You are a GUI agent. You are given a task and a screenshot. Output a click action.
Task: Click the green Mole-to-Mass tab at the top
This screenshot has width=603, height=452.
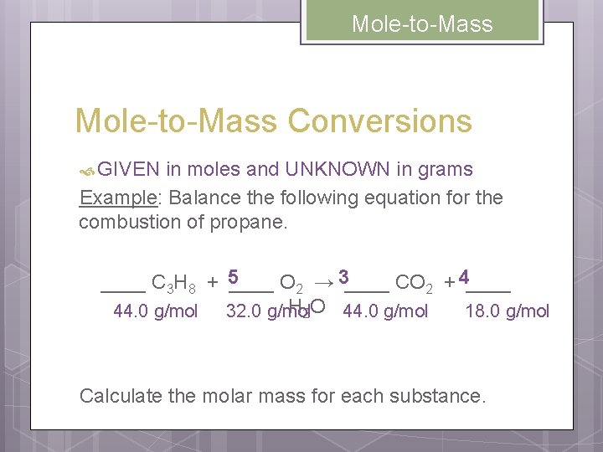(x=422, y=23)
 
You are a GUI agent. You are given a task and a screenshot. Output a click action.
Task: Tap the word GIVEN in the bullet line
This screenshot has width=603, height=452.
(x=128, y=170)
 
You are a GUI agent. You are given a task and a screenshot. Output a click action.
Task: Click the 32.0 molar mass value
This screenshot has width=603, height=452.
(x=245, y=311)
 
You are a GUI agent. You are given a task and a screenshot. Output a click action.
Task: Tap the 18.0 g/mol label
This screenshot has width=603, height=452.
(x=508, y=311)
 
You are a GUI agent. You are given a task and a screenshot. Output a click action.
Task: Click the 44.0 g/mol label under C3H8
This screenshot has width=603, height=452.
(x=155, y=311)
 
